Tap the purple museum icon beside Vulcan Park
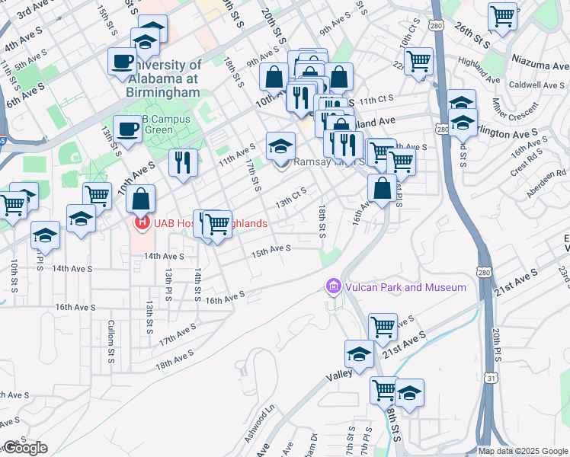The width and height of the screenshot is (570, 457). (x=332, y=287)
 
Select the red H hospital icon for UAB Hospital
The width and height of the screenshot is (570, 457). (x=141, y=223)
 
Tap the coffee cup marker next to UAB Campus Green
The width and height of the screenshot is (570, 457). (x=126, y=128)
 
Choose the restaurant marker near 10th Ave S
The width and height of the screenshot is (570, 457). (x=183, y=161)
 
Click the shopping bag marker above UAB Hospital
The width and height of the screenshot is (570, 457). (x=141, y=199)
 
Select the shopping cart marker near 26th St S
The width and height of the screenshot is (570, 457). (x=502, y=15)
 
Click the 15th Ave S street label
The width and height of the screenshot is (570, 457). (x=272, y=249)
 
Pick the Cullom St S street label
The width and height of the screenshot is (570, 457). (x=111, y=334)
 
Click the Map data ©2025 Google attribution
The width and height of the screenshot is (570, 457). (x=523, y=450)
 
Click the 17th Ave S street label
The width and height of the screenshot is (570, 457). (x=177, y=334)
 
